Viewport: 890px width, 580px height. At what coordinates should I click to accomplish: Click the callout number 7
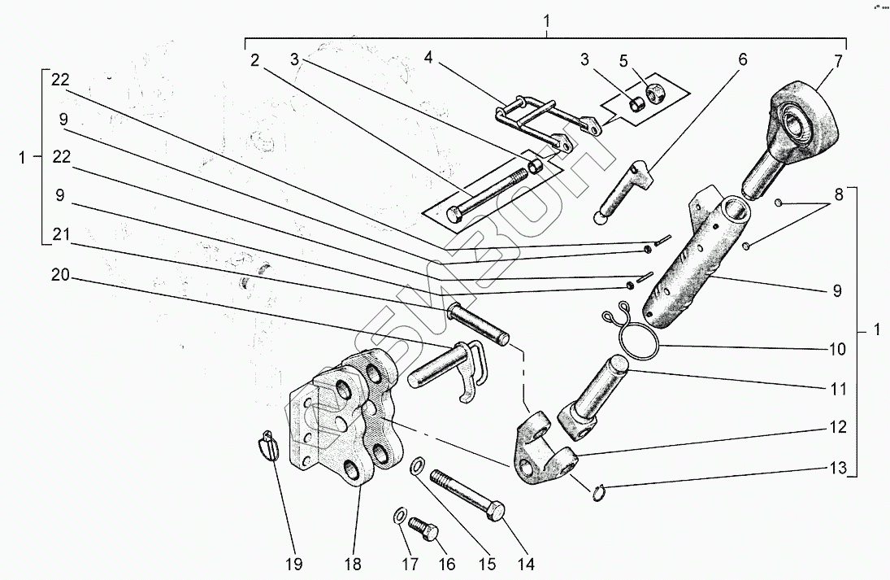[839, 60]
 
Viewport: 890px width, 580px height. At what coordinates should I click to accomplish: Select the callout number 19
[293, 564]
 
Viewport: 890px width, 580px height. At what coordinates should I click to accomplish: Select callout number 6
[742, 60]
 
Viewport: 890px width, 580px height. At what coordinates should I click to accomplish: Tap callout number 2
[254, 60]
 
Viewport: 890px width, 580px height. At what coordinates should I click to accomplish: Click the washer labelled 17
[401, 516]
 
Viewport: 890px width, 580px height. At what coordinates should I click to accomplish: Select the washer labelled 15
[415, 466]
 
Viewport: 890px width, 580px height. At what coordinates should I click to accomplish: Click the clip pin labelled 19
[269, 447]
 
